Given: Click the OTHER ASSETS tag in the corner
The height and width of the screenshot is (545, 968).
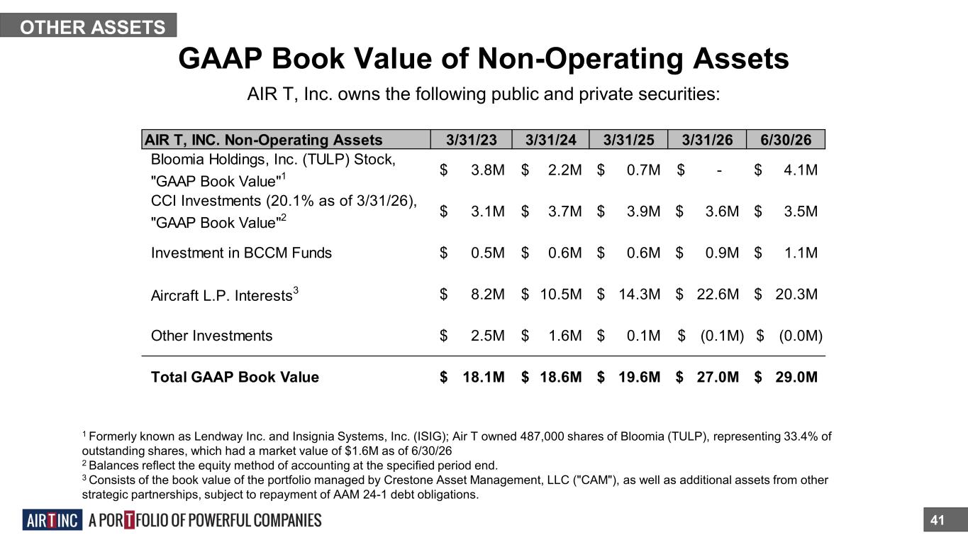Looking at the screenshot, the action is coord(88,25).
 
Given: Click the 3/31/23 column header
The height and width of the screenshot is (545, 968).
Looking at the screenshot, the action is coord(472,140).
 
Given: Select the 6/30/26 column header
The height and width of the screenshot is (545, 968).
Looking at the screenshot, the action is coord(786,140).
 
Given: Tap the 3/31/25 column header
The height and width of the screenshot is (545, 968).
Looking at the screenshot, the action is coord(628,140).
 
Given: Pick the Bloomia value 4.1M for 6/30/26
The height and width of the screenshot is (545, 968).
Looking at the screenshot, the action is coord(801,170).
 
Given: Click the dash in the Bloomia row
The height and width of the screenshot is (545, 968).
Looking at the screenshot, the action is coord(718,171).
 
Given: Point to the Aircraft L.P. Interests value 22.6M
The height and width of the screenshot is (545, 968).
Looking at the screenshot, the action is coord(718,294).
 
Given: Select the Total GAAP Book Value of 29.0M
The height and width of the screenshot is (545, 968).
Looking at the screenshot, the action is coord(796,377).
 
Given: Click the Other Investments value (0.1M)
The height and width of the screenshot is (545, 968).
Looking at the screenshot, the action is coord(722,336).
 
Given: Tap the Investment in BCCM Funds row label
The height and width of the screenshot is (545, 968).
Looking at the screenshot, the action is coord(241,253).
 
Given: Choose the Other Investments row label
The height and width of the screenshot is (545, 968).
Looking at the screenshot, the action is coord(211,336).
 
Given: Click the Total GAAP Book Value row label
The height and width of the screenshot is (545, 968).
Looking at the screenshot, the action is coord(235,377).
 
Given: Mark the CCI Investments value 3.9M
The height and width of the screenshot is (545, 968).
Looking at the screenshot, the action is coord(643,211).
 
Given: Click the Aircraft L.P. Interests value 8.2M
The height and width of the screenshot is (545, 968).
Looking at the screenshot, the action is coord(487,294).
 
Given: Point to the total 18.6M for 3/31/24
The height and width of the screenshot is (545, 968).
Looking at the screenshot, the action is coord(560,377).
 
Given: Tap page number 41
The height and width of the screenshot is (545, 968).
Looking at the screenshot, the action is coord(937,520).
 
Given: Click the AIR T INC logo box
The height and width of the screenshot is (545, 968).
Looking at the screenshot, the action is coord(52,520).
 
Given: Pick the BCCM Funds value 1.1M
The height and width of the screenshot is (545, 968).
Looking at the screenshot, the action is coord(801,253).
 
